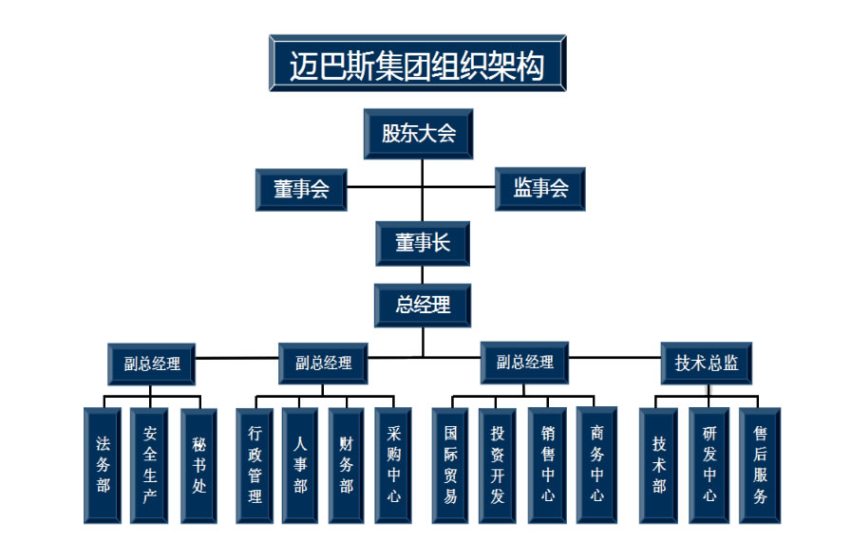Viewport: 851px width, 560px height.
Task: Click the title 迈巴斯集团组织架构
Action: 417,65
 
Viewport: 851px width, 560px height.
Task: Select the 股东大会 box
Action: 419,134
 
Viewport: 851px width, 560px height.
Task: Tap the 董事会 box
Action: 301,189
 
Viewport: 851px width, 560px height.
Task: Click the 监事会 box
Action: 539,189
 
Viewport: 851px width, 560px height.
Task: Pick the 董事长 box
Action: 423,244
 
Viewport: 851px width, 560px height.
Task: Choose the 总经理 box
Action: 423,305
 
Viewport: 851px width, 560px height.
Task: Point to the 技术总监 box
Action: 707,364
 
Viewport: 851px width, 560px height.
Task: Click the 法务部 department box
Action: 104,465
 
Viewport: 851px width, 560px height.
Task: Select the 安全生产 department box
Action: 150,465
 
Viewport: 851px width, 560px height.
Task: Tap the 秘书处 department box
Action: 199,465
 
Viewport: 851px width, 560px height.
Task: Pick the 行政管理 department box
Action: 255,465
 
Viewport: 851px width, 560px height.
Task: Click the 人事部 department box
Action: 300,465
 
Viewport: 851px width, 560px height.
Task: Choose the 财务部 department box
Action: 347,465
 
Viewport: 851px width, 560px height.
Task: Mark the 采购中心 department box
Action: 393,465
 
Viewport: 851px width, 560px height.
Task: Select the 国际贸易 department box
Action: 450,465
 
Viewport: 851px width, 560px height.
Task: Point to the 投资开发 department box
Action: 497,465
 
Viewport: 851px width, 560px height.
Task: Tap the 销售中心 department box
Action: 548,465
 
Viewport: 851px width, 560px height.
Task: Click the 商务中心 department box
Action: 596,465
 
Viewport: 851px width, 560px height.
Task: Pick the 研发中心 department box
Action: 709,465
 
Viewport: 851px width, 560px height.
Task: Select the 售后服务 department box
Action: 760,465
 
